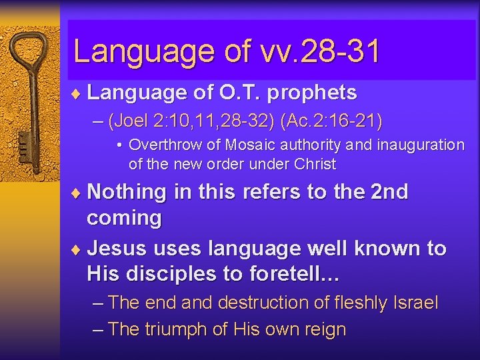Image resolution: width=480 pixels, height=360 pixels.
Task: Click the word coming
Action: click(x=124, y=219)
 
